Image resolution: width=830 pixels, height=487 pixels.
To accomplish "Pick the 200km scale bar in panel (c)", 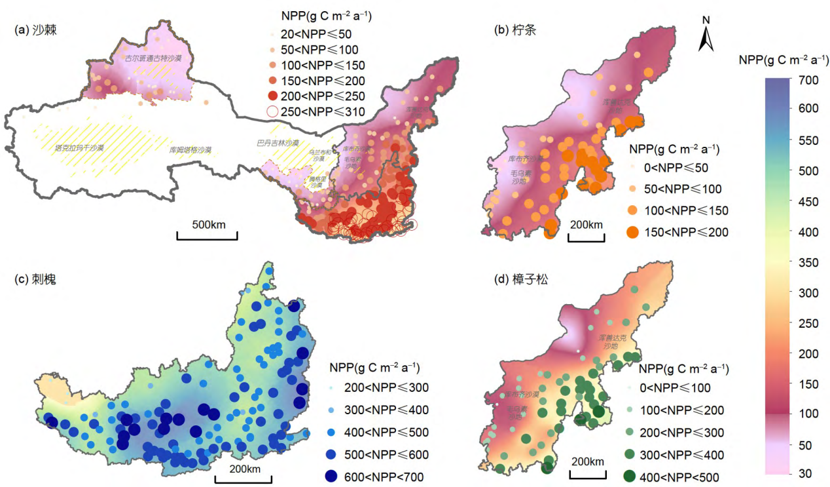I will [x=244, y=477].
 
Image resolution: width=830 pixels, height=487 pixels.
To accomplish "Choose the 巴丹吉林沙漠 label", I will [x=278, y=142].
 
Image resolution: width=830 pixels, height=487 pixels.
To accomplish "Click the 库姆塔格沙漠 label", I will [x=190, y=150].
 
